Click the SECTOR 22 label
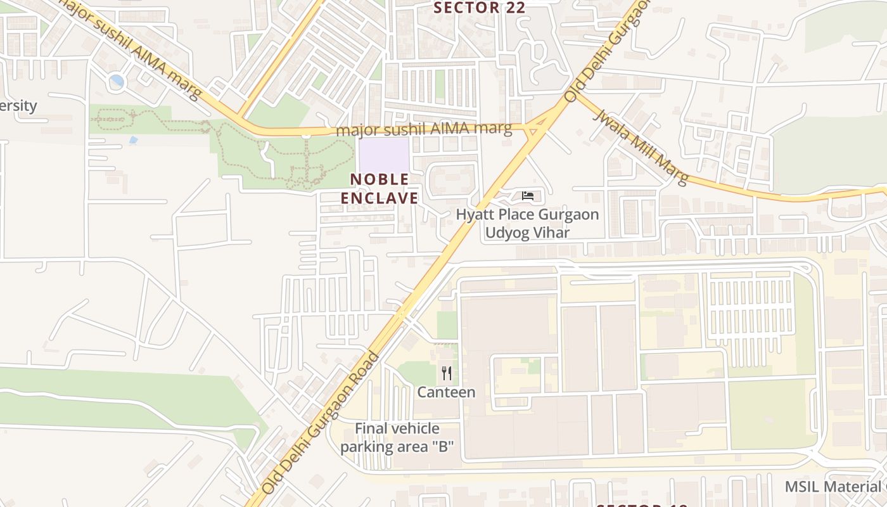[480, 8]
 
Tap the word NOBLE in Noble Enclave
[380, 179]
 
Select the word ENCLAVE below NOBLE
[380, 198]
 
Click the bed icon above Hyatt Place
[528, 196]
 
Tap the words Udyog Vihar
[527, 233]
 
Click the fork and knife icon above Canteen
[447, 373]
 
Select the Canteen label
[446, 392]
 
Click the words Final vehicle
[397, 428]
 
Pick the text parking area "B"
[397, 446]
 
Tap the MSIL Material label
[833, 487]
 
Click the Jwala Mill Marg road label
[640, 148]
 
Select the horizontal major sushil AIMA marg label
[424, 129]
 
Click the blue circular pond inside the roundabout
[117, 81]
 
